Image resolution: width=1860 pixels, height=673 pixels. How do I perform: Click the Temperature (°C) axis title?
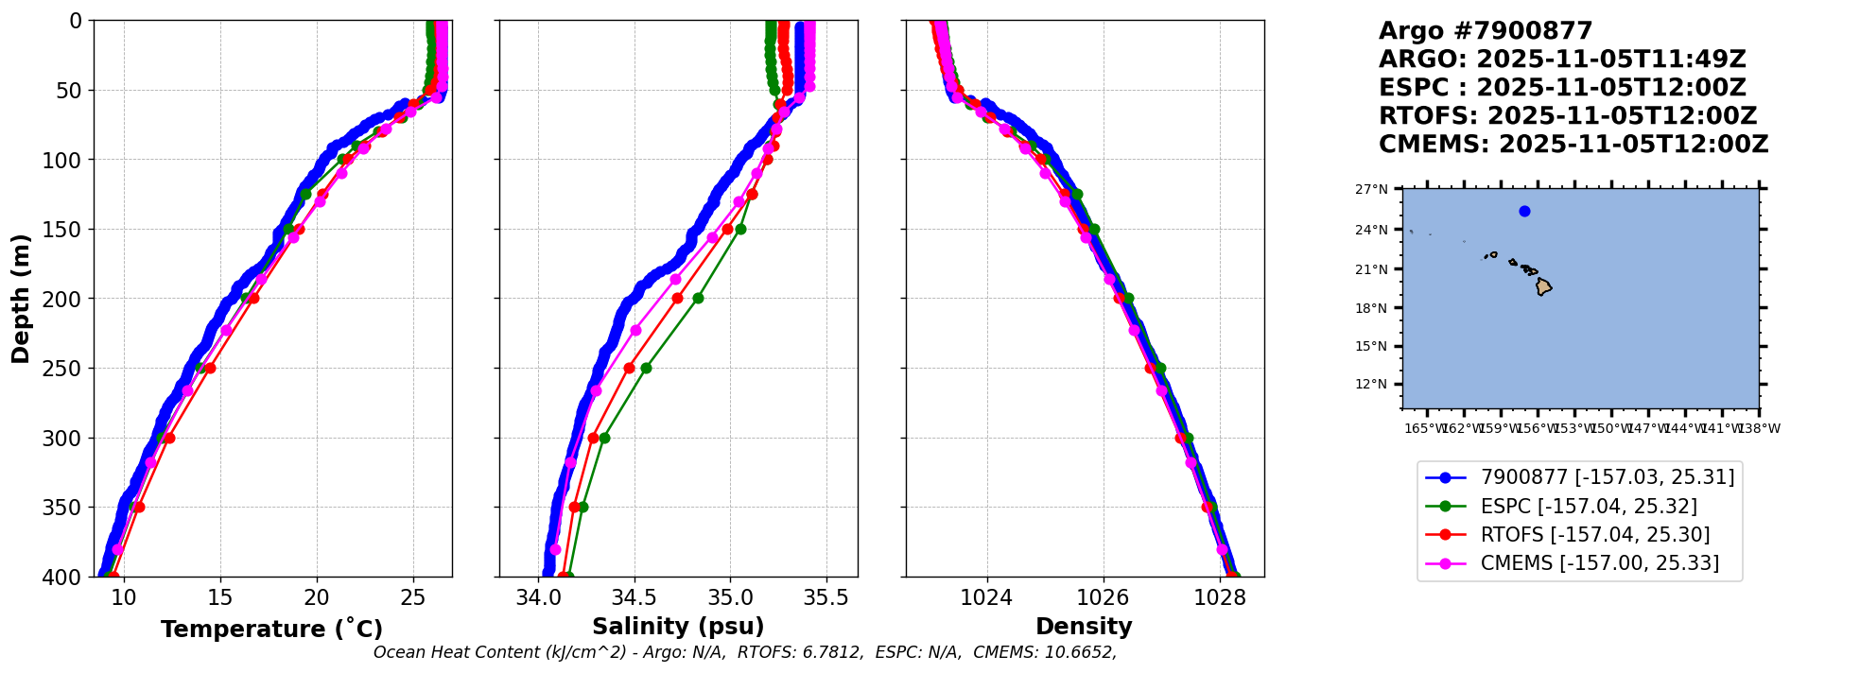coord(271,630)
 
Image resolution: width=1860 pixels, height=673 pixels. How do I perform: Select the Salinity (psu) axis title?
coord(678,627)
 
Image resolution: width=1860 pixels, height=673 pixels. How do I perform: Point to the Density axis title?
coord(1084,627)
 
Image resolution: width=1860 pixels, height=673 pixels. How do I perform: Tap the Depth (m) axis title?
coord(21,299)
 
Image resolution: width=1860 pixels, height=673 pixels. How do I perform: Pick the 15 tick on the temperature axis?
coord(220,597)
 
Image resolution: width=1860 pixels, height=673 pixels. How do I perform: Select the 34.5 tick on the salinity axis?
coord(634,597)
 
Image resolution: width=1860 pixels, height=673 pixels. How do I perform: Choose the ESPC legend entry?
coord(1588,507)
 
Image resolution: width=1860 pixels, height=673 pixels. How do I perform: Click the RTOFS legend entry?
coord(1594,535)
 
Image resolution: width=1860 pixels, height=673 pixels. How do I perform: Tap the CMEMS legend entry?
coord(1599,563)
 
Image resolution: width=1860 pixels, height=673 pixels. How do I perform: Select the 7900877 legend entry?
coord(1607,477)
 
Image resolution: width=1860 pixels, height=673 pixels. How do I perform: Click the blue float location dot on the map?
coord(1524,211)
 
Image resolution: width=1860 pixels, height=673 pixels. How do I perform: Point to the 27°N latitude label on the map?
coord(1371,189)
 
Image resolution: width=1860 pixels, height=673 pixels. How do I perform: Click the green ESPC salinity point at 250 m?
coord(646,368)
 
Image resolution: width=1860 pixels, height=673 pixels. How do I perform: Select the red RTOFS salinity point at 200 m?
coord(677,298)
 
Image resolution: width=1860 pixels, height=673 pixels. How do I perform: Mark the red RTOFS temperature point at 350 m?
coord(139,507)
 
